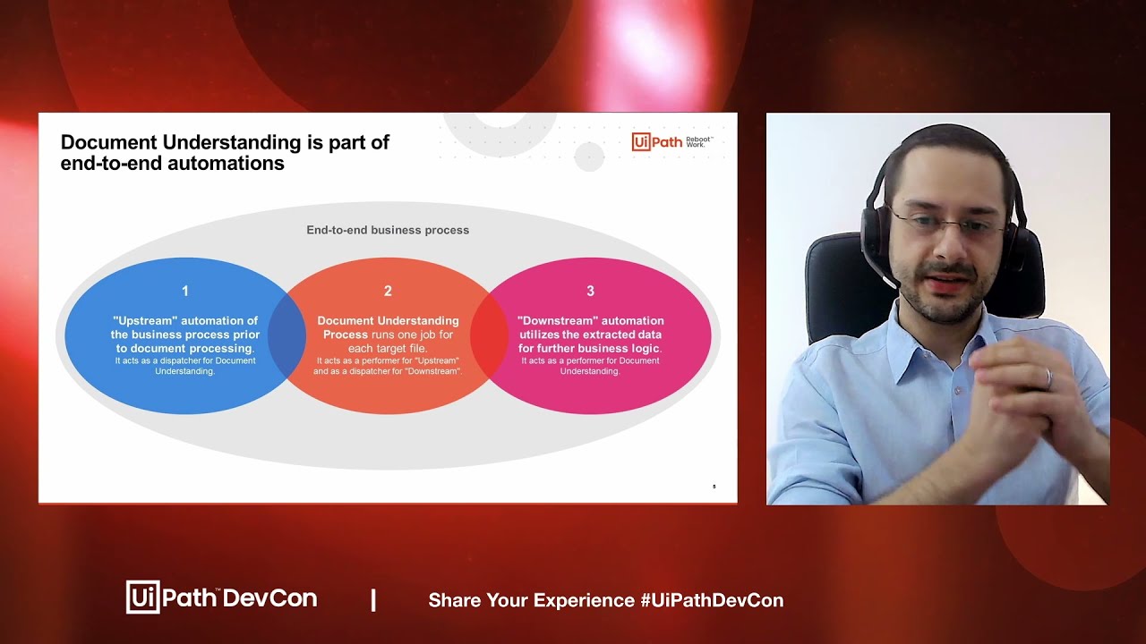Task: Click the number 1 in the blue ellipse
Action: click(x=185, y=291)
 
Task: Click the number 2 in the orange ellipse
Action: click(x=388, y=291)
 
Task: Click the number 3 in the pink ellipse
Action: click(x=590, y=291)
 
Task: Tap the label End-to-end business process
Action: click(x=388, y=230)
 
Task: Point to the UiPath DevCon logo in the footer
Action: click(x=221, y=597)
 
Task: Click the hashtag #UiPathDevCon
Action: click(x=712, y=600)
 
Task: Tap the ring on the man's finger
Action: click(x=1049, y=378)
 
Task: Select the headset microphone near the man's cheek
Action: click(x=886, y=276)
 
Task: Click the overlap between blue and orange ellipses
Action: click(x=287, y=335)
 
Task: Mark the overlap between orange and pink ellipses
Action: click(x=489, y=335)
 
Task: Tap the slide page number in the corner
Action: click(x=714, y=487)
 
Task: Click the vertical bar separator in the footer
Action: click(x=373, y=600)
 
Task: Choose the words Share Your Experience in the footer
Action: click(x=532, y=600)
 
